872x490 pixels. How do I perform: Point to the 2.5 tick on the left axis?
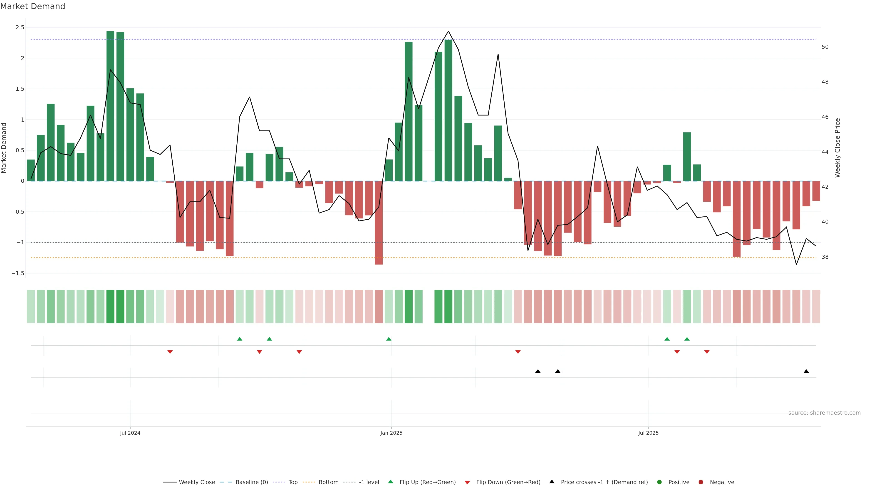click(x=20, y=27)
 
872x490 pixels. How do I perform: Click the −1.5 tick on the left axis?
click(x=18, y=273)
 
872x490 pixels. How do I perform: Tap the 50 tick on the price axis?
click(x=825, y=47)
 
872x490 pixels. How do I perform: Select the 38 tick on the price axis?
click(x=825, y=257)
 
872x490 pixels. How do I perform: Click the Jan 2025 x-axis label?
click(x=391, y=433)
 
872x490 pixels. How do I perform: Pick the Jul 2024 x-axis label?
click(x=130, y=433)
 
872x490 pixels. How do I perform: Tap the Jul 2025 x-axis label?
click(x=648, y=433)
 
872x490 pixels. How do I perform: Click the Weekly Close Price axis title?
click(x=837, y=148)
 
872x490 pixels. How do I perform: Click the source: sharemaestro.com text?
click(x=824, y=413)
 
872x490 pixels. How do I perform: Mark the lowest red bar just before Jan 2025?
click(x=379, y=223)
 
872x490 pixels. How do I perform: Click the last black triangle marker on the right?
click(x=806, y=371)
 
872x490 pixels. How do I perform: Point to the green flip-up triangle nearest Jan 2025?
click(x=389, y=339)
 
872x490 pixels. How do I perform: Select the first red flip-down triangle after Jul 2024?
click(x=170, y=352)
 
